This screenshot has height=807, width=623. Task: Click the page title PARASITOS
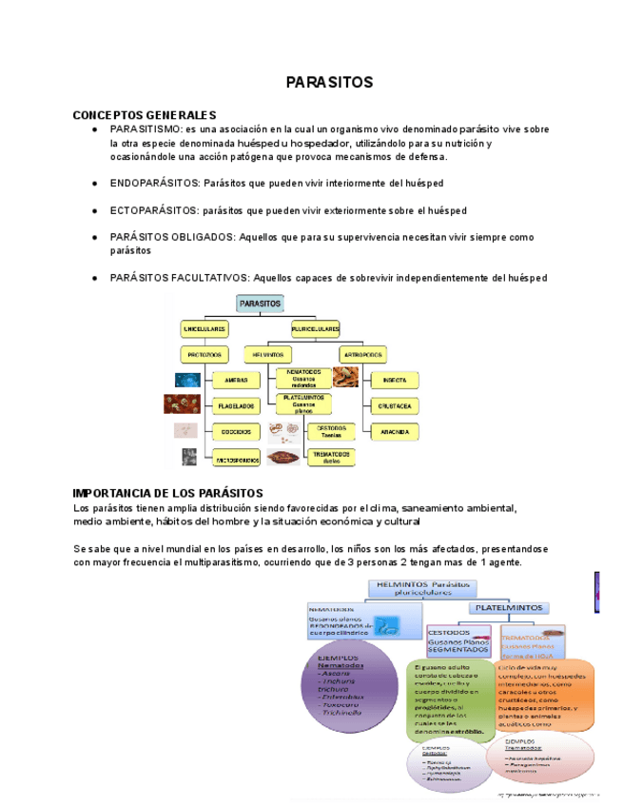pos(329,83)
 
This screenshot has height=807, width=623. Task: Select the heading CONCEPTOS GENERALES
pos(145,115)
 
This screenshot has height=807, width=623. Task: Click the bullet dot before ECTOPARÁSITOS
pos(94,210)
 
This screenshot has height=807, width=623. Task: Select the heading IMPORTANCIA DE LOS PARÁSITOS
pos(167,493)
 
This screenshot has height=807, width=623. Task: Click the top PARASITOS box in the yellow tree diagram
pos(261,303)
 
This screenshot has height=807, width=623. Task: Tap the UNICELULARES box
pos(204,328)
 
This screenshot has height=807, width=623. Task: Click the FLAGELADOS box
pos(236,405)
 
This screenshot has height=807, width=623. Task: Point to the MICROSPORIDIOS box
pos(236,459)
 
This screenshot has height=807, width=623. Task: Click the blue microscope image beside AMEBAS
pos(186,380)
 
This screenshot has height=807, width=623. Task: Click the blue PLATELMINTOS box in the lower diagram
pos(509,606)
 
